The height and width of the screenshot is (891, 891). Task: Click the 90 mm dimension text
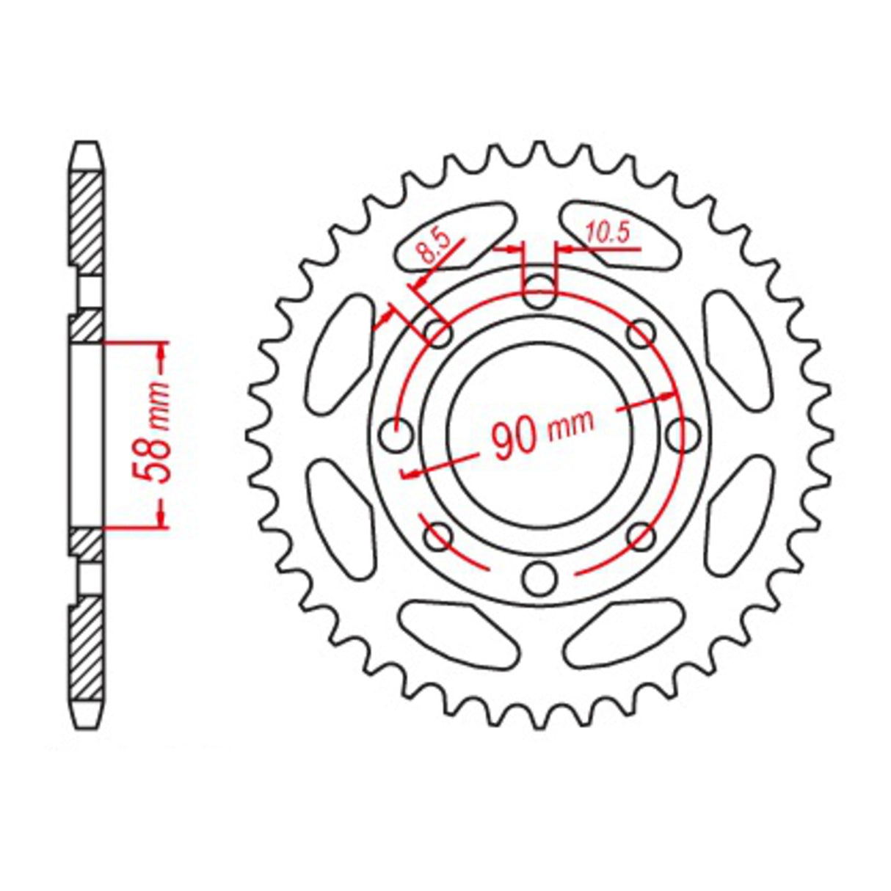pos(542,433)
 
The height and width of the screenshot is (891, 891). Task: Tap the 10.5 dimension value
pos(608,233)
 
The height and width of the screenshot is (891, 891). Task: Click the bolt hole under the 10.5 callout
pos(539,291)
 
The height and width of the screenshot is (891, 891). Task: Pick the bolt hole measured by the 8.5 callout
pos(438,335)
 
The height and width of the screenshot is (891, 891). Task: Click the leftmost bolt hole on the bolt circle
pos(397,436)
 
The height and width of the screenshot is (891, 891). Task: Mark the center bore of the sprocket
pos(539,434)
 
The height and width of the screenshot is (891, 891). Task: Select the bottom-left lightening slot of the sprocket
pos(459,631)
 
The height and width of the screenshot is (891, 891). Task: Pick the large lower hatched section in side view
pos(87,650)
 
